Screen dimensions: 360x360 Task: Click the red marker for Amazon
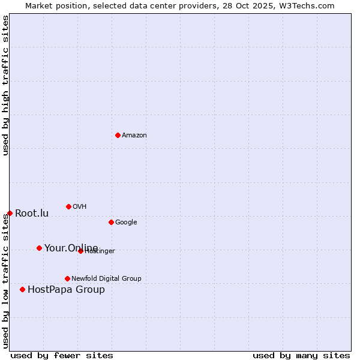point(118,135)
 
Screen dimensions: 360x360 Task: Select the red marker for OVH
point(68,206)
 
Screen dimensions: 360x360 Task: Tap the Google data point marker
point(111,222)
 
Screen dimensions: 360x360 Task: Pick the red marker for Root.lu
point(10,213)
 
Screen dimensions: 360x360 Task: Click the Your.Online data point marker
point(39,248)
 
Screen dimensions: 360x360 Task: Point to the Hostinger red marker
point(80,251)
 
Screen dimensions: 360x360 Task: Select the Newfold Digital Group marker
point(67,278)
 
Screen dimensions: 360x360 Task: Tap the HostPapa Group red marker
point(22,289)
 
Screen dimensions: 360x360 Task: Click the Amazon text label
point(134,136)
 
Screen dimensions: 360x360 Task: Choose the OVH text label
point(80,207)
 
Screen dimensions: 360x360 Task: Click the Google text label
point(126,223)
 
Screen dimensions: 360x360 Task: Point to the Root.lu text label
point(32,214)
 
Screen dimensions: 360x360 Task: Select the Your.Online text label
point(71,248)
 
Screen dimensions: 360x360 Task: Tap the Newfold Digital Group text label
point(106,278)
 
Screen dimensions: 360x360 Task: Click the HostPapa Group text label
point(66,290)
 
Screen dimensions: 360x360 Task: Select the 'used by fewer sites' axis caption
point(62,355)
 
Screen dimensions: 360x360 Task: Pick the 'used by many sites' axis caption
point(301,355)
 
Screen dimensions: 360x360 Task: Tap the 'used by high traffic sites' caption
point(5,85)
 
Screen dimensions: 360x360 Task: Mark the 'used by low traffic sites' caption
point(5,281)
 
